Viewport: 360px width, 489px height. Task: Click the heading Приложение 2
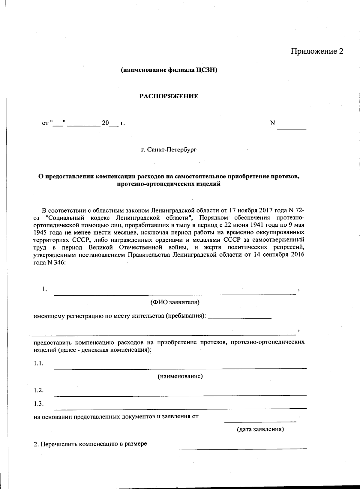pos(316,51)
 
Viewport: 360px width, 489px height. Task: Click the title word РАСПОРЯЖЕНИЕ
pos(169,96)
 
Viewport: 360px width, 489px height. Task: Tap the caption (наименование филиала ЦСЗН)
pos(169,70)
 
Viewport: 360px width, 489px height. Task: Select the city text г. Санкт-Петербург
pos(169,149)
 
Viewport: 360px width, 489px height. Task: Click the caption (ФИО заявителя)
pos(175,302)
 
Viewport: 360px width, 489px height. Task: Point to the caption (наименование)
pos(180,376)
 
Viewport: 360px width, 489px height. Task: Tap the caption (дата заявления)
pos(260,429)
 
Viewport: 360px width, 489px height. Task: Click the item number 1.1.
pos(39,363)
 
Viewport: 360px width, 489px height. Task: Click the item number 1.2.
pos(39,390)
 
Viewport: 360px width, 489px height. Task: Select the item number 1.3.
pos(39,404)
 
